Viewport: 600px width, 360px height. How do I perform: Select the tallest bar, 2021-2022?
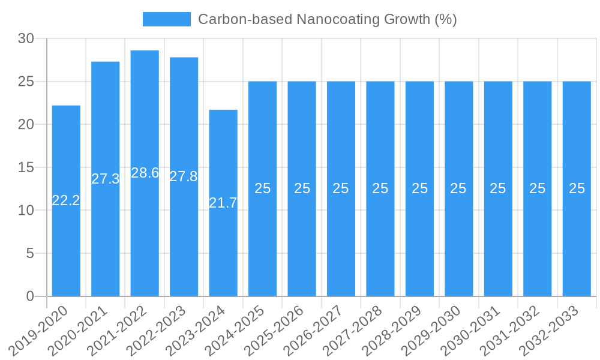[145, 228]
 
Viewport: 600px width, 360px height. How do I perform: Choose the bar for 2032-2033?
[577, 240]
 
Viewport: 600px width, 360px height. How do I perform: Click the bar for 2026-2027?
[341, 240]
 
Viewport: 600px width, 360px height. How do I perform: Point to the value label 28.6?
[145, 173]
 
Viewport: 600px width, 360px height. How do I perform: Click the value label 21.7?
[223, 203]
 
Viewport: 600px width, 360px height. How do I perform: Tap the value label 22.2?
[66, 200]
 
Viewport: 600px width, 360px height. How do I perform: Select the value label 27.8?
[184, 176]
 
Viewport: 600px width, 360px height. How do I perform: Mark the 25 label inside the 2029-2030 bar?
[458, 188]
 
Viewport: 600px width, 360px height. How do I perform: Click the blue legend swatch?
[166, 19]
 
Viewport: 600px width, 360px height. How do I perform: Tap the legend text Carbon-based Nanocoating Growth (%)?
[327, 19]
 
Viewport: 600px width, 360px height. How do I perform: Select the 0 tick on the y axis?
[31, 296]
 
